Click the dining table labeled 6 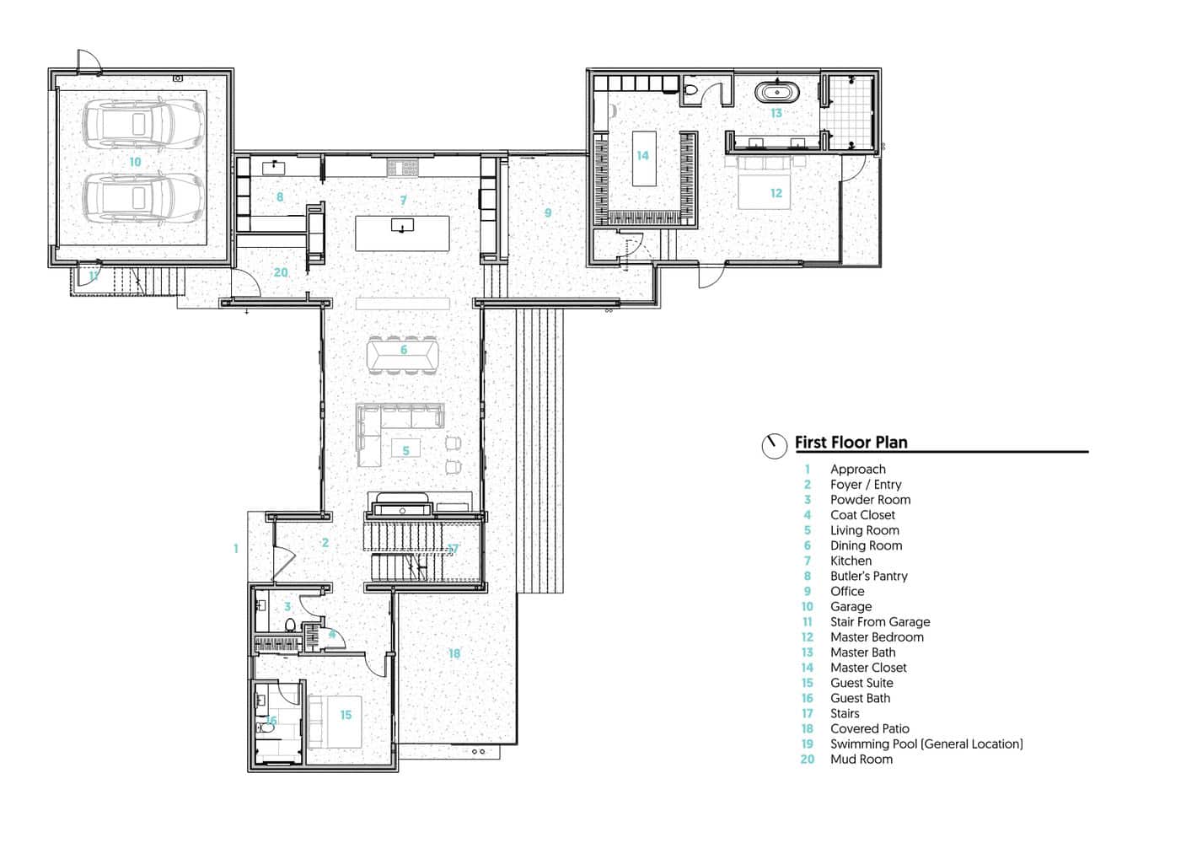click(403, 354)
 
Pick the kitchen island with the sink click(402, 234)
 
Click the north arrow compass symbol click(774, 445)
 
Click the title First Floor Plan click(851, 443)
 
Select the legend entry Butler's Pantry click(868, 577)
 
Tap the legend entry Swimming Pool click(926, 744)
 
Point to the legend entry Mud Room click(861, 760)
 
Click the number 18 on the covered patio click(454, 653)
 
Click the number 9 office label click(548, 213)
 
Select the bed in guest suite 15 click(335, 722)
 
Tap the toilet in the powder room click(290, 626)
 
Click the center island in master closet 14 click(643, 158)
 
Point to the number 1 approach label click(236, 549)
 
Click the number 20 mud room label click(281, 273)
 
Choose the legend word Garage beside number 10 click(851, 607)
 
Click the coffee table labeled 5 click(405, 450)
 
